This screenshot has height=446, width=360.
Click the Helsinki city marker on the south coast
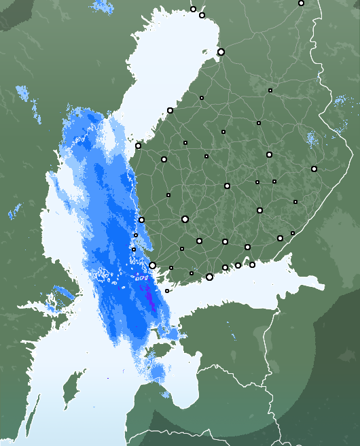(209, 277)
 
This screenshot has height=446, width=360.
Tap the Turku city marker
(153, 265)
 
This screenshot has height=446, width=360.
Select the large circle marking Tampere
(185, 219)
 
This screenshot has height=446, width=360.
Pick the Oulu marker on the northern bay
(221, 52)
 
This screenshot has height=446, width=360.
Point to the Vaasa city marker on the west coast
(138, 145)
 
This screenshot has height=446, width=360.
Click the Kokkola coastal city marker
(170, 110)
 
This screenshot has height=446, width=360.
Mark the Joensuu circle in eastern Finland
(314, 169)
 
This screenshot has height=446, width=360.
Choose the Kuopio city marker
(269, 154)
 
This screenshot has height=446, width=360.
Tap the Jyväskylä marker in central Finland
(227, 186)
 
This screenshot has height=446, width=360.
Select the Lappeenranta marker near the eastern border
(280, 238)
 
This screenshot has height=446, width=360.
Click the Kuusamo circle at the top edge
(301, 3)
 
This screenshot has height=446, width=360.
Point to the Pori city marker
(141, 220)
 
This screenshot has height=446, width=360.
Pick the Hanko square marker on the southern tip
(167, 291)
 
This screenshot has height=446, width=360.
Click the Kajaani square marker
(270, 90)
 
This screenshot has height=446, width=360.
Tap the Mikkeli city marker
(259, 210)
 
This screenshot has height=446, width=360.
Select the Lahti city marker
(225, 241)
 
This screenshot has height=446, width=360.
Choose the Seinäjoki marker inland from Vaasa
(164, 159)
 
